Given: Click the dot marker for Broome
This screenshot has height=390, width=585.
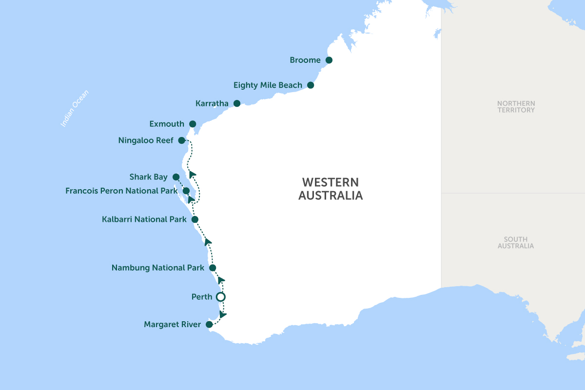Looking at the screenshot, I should point(329,60).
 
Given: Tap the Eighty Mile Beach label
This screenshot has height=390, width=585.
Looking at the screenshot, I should point(268,85).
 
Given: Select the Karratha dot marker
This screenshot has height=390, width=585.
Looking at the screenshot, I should point(237,103).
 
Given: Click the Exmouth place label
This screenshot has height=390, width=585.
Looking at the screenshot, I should point(167,124).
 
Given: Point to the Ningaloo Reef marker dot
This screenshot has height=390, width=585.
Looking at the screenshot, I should point(181,140).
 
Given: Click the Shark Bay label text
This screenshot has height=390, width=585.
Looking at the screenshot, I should point(148,177).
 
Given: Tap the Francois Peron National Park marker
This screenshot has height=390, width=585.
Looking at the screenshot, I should point(186,191).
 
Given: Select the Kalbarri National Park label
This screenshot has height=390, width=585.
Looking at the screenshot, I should point(144,219).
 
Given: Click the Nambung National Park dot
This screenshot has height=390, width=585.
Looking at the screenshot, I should point(213,268).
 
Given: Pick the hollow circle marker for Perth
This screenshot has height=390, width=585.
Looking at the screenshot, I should point(221,296).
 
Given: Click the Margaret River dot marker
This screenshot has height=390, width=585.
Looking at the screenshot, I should point(209,324).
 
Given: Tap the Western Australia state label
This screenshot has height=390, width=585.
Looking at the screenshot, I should point(331,189).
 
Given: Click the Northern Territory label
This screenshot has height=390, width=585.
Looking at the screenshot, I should point(516,107).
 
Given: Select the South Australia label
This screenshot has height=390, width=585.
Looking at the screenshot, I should point(516,243).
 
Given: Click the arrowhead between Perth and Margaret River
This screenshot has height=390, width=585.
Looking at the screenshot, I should point(223,314).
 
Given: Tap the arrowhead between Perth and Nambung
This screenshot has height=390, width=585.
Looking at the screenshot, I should point(221,280).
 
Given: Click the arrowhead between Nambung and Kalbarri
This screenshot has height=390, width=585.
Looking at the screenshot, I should point(208,242).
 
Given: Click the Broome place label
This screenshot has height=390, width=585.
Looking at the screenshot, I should point(305,60).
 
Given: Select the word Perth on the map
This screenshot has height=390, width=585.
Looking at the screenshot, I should point(202,296).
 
